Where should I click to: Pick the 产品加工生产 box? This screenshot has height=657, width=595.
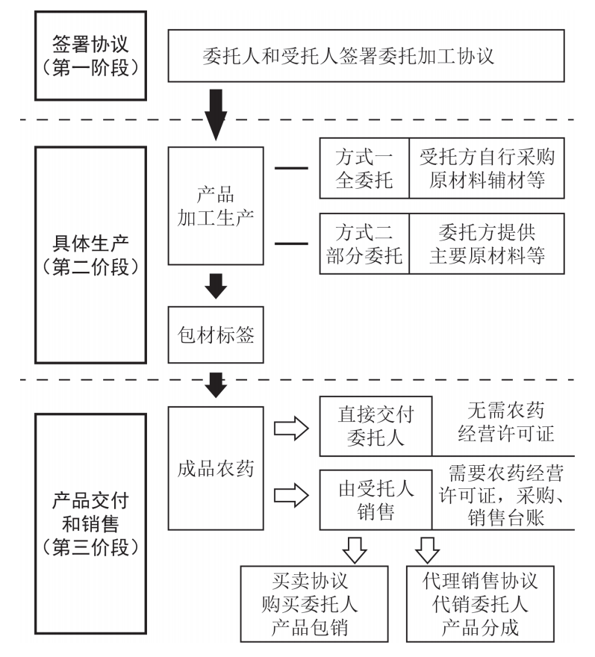coord(216,205)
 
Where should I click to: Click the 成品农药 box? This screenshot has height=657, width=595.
coord(216,469)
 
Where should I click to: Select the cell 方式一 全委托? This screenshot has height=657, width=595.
coord(364,169)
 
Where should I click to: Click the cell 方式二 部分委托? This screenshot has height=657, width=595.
coord(364,243)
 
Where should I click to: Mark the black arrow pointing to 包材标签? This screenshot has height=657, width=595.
coord(216,284)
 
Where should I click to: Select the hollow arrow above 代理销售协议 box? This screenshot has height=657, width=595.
coord(428,549)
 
